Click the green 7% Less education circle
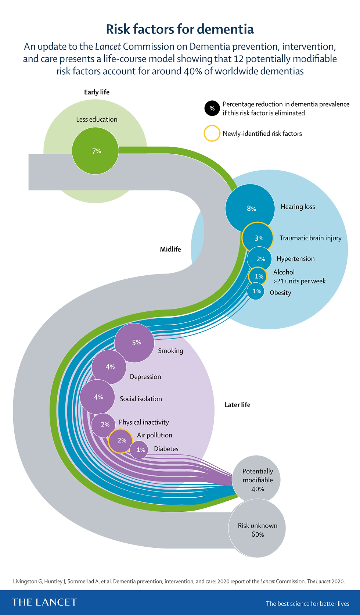[x=95, y=151]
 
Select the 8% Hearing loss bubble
[x=250, y=209]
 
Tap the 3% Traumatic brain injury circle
[x=258, y=238]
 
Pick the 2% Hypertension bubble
[x=259, y=259]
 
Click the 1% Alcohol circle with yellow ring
[x=258, y=276]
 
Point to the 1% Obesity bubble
[x=256, y=291]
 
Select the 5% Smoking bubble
[x=134, y=343]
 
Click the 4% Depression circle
[x=109, y=367]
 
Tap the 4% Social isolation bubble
[x=97, y=397]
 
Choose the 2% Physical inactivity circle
[x=103, y=425]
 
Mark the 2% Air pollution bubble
[x=121, y=441]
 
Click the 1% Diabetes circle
[x=139, y=450]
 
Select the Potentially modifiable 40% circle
[x=256, y=480]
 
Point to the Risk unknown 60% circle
[x=257, y=528]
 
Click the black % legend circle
[x=212, y=108]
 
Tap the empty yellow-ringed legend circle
[x=212, y=133]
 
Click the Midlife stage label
[x=170, y=249]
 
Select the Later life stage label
[x=237, y=405]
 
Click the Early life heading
[x=97, y=92]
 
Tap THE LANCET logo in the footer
[x=44, y=603]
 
